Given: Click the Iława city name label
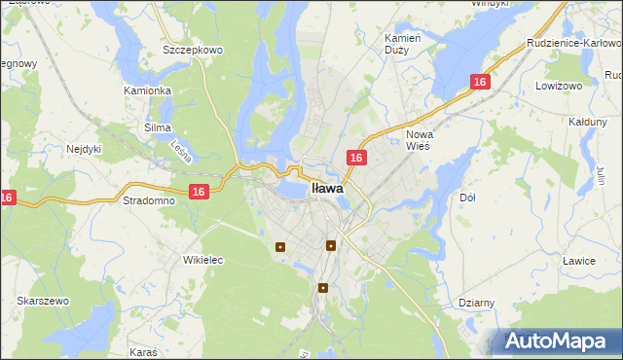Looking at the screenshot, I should pyautogui.click(x=326, y=190).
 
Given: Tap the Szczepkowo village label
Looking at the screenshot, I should pyautogui.click(x=194, y=49).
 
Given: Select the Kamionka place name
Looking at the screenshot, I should pyautogui.click(x=147, y=90).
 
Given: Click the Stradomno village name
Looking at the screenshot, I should pyautogui.click(x=148, y=200).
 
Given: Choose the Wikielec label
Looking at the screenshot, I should pyautogui.click(x=203, y=260).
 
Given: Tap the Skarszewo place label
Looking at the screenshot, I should pyautogui.click(x=42, y=302).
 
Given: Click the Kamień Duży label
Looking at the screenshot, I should pyautogui.click(x=402, y=43).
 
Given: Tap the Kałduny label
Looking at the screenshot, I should pyautogui.click(x=587, y=122).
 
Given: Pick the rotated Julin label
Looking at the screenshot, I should pyautogui.click(x=601, y=174).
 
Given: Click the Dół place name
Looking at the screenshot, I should pyautogui.click(x=466, y=198).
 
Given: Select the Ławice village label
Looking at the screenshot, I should pyautogui.click(x=578, y=260).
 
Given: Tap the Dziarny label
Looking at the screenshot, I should pyautogui.click(x=477, y=303).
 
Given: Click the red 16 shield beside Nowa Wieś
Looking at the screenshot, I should pyautogui.click(x=356, y=157).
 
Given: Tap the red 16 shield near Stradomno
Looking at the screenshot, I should pyautogui.click(x=198, y=192).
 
